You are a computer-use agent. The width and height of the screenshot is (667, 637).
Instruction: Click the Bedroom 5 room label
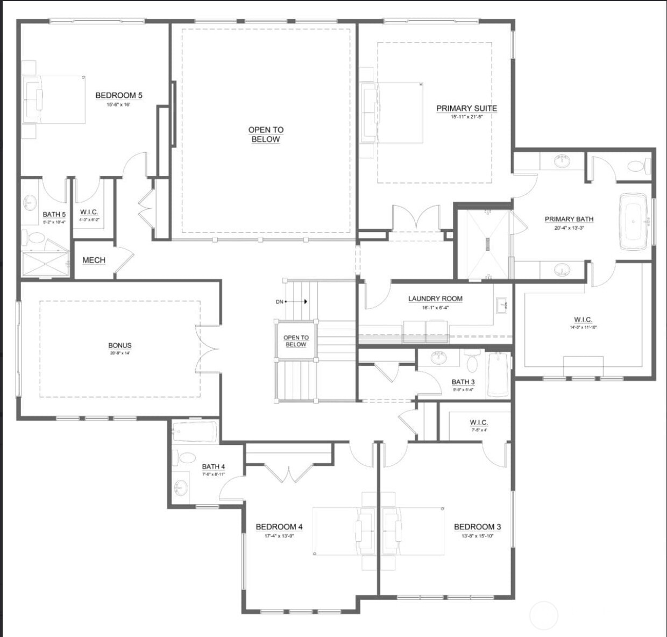(x=119, y=95)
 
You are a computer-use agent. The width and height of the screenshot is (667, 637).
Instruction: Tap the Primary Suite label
(x=466, y=108)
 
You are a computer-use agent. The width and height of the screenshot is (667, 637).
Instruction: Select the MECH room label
(x=94, y=260)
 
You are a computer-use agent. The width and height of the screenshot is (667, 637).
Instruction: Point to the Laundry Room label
(x=435, y=299)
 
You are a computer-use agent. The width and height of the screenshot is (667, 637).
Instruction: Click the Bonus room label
(x=120, y=345)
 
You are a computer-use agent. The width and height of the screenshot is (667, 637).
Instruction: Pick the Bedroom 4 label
(x=279, y=527)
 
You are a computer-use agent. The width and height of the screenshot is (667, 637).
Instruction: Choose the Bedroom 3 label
(x=477, y=527)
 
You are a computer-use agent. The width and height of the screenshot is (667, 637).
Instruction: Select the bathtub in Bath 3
(x=498, y=374)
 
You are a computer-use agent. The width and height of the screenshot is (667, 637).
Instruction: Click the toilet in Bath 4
(x=187, y=458)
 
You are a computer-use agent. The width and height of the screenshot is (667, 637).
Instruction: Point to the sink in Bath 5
(x=29, y=202)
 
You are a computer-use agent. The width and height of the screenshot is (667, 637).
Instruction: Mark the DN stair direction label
(x=280, y=302)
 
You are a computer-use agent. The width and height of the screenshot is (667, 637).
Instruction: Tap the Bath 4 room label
(x=214, y=466)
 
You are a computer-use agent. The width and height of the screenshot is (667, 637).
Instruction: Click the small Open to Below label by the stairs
(x=296, y=341)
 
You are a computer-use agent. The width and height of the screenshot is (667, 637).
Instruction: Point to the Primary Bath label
(x=569, y=219)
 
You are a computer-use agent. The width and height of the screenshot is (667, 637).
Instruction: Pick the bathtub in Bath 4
(x=195, y=431)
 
